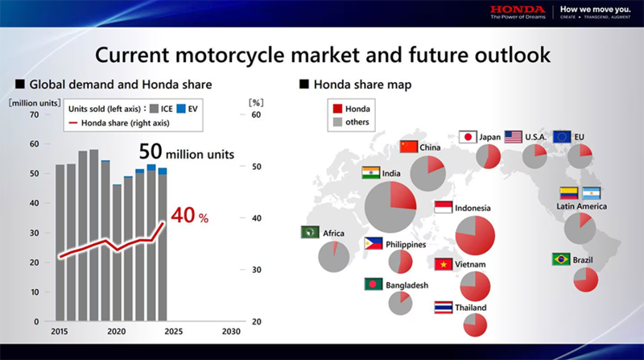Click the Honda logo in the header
(x=515, y=10)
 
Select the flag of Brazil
(x=562, y=259)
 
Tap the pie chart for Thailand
(x=476, y=325)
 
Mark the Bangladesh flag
(x=374, y=284)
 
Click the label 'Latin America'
(x=581, y=207)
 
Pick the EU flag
(x=562, y=137)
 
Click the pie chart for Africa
(x=333, y=257)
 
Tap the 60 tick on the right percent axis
(x=256, y=114)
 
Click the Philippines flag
(x=374, y=243)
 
